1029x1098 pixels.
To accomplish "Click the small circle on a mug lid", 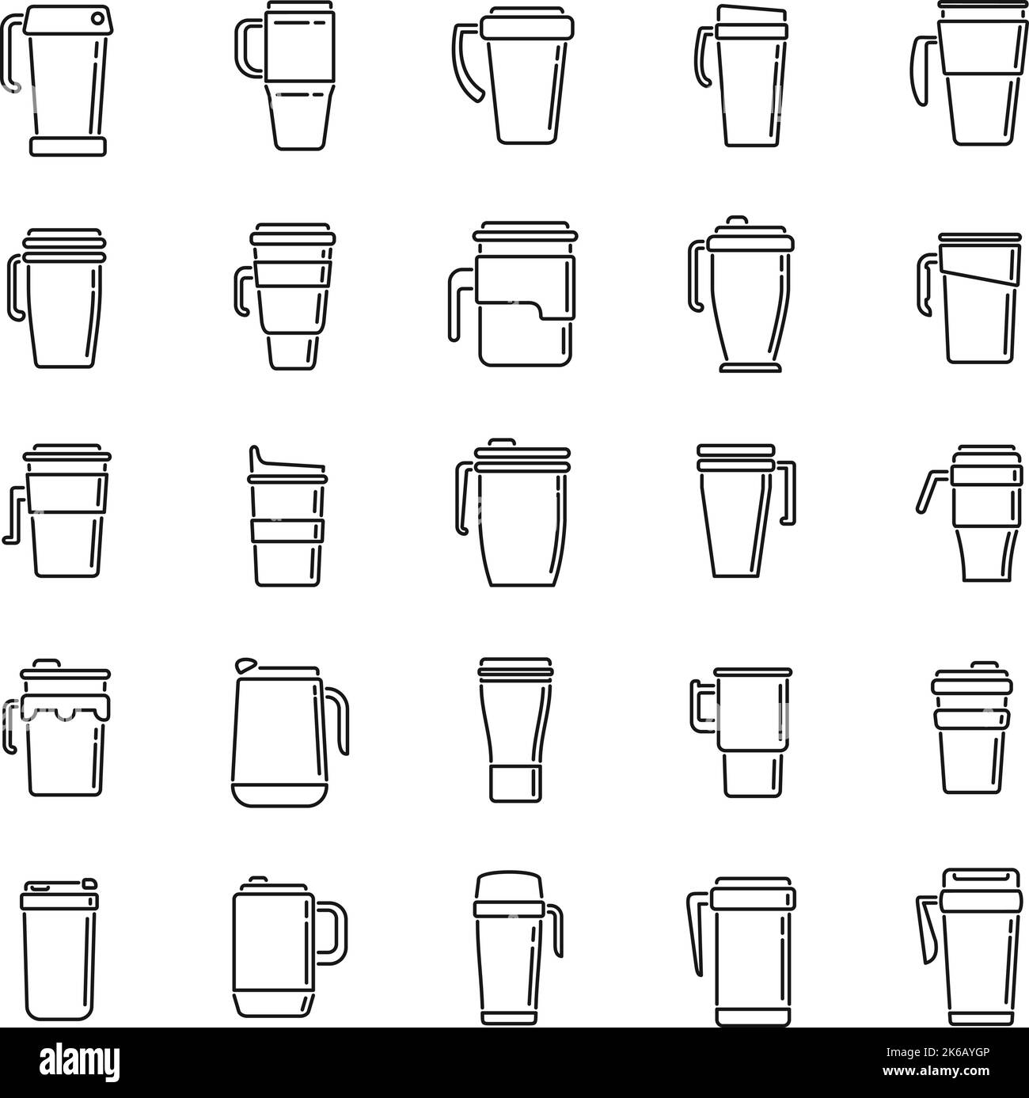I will [97, 17].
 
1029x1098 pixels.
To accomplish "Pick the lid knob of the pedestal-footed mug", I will [738, 220].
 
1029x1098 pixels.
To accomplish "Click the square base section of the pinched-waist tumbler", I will [514, 783].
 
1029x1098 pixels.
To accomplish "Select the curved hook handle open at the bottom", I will [467, 63].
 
